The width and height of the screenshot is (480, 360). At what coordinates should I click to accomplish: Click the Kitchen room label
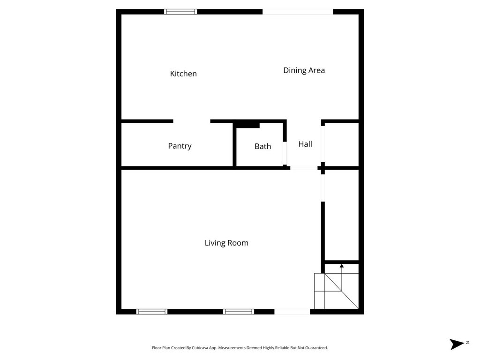click(x=183, y=74)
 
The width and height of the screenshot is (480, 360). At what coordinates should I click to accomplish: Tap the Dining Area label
click(x=304, y=70)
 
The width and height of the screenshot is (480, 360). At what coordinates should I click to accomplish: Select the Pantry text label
click(x=180, y=146)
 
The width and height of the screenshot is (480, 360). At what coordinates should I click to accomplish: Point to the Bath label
click(x=262, y=146)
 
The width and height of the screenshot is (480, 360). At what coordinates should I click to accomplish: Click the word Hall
click(x=305, y=144)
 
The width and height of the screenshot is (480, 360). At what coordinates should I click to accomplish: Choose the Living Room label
click(x=226, y=243)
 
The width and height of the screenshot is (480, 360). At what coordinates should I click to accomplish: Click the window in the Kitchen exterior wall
click(x=180, y=12)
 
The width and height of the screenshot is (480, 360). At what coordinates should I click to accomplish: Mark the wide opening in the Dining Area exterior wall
click(x=298, y=12)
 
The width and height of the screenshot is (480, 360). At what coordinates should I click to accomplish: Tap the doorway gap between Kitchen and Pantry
click(x=192, y=121)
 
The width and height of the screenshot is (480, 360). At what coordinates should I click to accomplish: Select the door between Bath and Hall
click(x=285, y=153)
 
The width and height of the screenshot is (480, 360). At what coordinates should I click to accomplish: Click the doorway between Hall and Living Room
click(x=304, y=168)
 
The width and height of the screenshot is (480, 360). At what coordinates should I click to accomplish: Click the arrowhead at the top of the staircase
click(x=342, y=266)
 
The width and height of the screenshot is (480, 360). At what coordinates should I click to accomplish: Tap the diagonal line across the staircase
click(x=341, y=291)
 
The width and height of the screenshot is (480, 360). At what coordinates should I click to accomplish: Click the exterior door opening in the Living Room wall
click(x=292, y=312)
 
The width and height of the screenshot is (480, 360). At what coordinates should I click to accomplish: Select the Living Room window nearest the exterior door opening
click(x=239, y=312)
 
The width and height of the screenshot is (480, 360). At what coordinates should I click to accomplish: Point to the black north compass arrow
click(x=457, y=344)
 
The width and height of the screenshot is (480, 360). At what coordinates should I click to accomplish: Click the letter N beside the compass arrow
click(x=467, y=343)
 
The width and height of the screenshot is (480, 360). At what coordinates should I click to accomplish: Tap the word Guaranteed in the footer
click(x=317, y=348)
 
